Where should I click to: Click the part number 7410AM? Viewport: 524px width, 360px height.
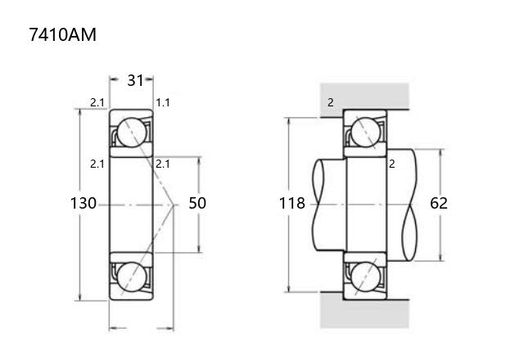62,34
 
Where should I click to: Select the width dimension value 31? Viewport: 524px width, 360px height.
135,80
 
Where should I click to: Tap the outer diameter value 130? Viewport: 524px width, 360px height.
84,203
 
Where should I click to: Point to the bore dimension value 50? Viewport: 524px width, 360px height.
197,203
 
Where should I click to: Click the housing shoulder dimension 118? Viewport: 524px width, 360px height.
292,203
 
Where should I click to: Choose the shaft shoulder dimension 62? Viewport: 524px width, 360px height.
439,203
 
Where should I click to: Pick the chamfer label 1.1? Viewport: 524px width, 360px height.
163,102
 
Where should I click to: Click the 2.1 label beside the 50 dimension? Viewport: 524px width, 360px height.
163,164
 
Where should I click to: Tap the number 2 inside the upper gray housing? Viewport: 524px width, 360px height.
331,102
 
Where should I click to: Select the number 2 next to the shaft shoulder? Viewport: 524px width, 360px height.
392,164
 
